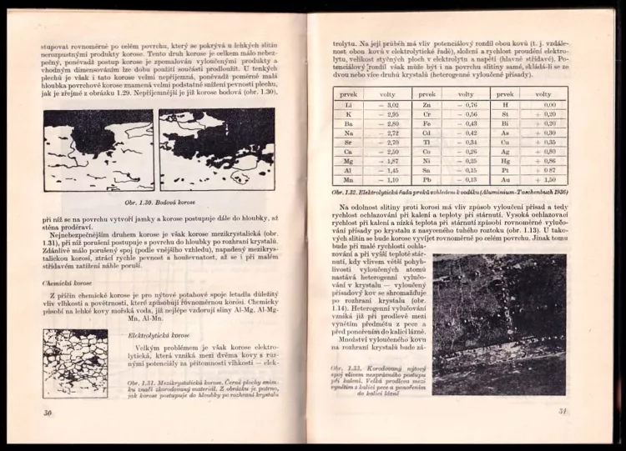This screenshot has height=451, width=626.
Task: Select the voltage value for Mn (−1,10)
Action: pyautogui.click(x=391, y=179)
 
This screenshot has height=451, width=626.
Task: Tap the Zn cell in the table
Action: pyautogui.click(x=427, y=105)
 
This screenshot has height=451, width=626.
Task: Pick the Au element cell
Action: pyautogui.click(x=504, y=179)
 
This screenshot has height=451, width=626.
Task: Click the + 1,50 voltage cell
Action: pyautogui.click(x=547, y=179)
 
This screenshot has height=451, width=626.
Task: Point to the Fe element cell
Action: pyautogui.click(x=427, y=123)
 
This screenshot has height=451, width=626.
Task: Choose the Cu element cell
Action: pyautogui.click(x=504, y=143)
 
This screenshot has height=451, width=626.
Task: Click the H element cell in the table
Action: pyautogui.click(x=504, y=105)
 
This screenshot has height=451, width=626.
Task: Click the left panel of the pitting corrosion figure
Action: pyautogui.click(x=98, y=151)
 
